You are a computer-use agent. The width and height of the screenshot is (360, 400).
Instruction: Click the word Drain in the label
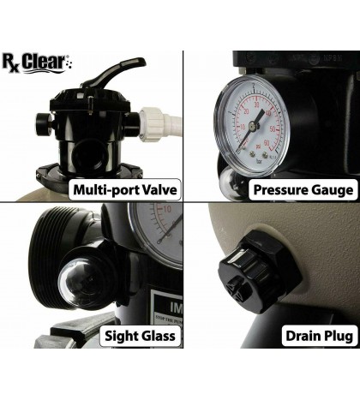(x=284, y=335)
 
